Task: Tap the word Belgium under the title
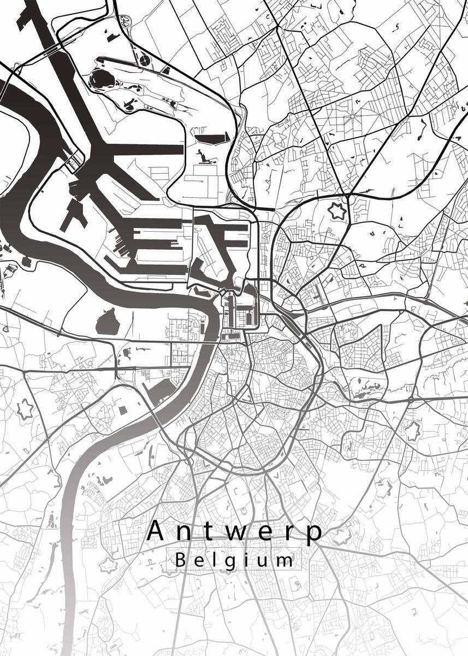pyautogui.click(x=233, y=560)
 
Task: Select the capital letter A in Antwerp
pyautogui.click(x=157, y=530)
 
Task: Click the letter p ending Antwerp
pyautogui.click(x=315, y=534)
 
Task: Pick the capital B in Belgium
pyautogui.click(x=180, y=560)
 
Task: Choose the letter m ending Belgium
pyautogui.click(x=285, y=560)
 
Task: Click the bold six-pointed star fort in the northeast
pyautogui.click(x=337, y=211)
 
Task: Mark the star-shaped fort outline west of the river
pyautogui.click(x=26, y=409)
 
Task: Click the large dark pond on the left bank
pyautogui.click(x=108, y=322)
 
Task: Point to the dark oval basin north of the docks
pyautogui.click(x=102, y=80)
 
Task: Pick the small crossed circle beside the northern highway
pyautogui.click(x=144, y=60)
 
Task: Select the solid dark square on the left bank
pyautogui.click(x=123, y=410)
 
